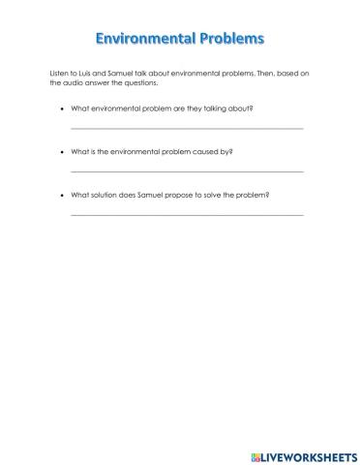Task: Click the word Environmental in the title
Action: pos(143,40)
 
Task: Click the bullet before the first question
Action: pos(62,108)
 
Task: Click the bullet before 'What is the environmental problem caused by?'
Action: pos(62,151)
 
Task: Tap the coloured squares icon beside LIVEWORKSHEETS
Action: pos(256,454)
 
